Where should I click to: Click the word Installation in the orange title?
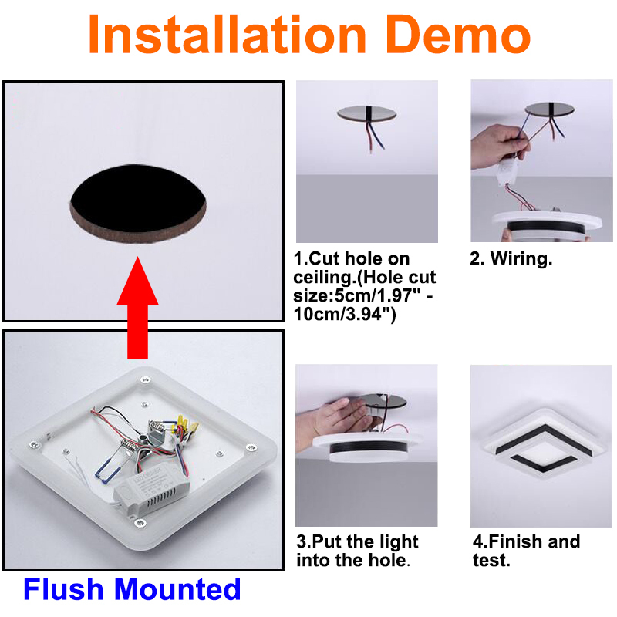(x=227, y=35)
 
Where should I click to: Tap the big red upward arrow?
(x=138, y=308)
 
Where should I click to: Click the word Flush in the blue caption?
(x=63, y=589)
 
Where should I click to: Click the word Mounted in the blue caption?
(x=177, y=589)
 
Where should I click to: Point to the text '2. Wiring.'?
(x=511, y=258)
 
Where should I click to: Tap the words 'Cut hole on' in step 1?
(x=359, y=258)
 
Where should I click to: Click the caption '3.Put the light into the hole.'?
(x=357, y=551)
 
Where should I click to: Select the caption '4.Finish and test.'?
(x=527, y=551)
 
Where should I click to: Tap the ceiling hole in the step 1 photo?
(x=367, y=113)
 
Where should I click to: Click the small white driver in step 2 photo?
(x=507, y=172)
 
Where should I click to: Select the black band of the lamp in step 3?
(x=369, y=447)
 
